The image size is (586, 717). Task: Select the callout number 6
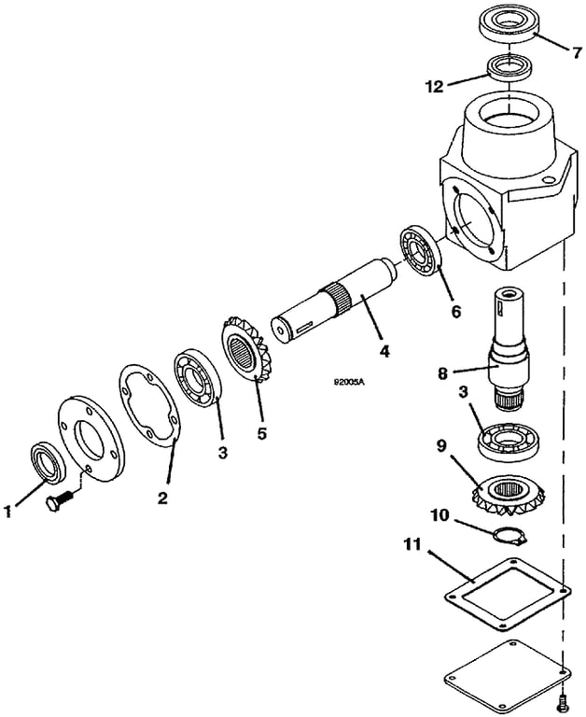coord(456,311)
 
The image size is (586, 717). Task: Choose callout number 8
coord(443,373)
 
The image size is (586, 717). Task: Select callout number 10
coord(441,514)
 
